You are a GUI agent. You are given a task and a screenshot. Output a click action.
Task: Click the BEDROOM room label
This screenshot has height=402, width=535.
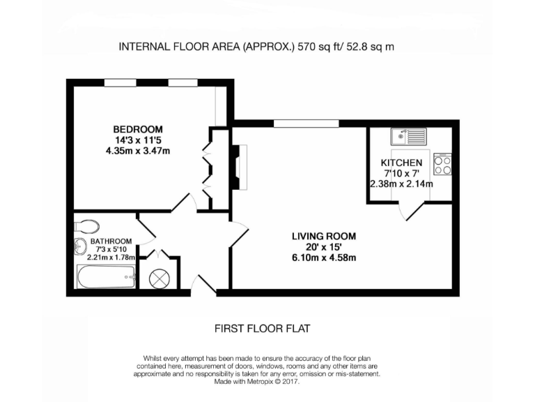138,129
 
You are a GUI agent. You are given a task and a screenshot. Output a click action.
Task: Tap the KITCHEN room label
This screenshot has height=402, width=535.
401,163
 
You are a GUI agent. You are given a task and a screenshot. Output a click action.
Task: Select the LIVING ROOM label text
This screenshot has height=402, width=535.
324,236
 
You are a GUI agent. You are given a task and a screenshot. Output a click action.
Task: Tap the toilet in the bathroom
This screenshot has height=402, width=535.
87,226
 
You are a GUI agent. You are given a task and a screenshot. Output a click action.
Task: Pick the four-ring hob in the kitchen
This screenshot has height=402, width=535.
442,164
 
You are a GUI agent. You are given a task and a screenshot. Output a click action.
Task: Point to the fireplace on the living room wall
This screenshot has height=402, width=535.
238,167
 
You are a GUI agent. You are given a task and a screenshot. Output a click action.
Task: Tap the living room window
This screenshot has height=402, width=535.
307,124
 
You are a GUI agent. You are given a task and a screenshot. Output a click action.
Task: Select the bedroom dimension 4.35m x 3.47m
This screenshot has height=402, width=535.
138,150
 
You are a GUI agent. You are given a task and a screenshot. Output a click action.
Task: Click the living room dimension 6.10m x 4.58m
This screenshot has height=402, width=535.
324,258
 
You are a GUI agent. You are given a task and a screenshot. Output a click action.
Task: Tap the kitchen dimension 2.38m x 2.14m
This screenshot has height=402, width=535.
401,184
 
